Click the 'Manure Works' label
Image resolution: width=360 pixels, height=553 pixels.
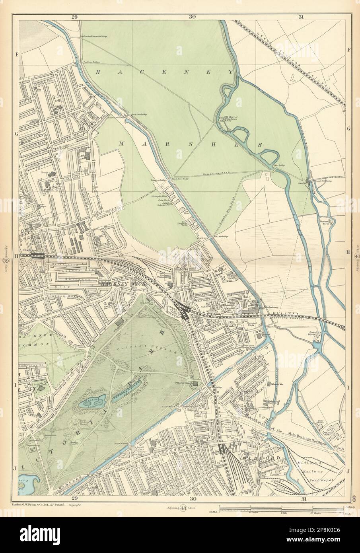[x=326, y=222]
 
